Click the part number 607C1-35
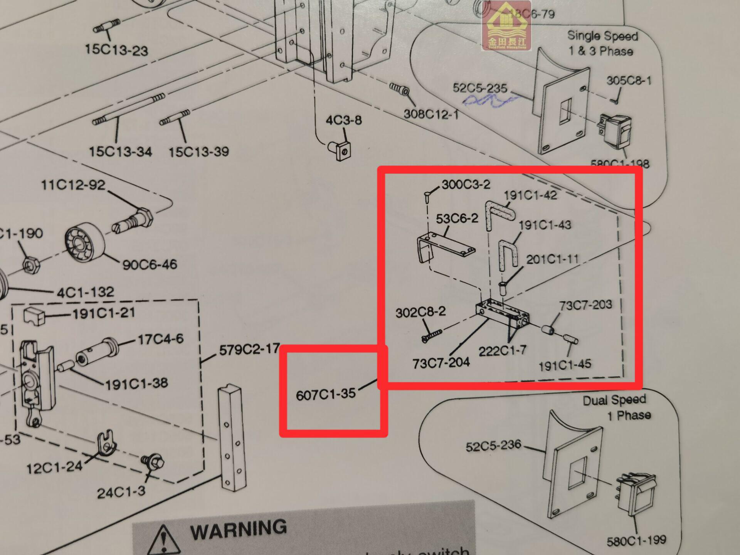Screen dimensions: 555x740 point(326,395)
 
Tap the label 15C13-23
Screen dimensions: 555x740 point(116,50)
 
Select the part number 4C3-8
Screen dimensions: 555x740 point(343,120)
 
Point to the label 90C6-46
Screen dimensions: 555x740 point(150,265)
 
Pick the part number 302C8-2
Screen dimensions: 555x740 point(420,312)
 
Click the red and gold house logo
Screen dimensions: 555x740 point(506,26)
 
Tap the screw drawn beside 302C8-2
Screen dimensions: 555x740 point(432,335)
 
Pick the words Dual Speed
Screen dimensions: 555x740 point(614,400)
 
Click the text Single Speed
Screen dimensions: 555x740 point(602,36)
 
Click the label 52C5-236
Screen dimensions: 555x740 point(493,446)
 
